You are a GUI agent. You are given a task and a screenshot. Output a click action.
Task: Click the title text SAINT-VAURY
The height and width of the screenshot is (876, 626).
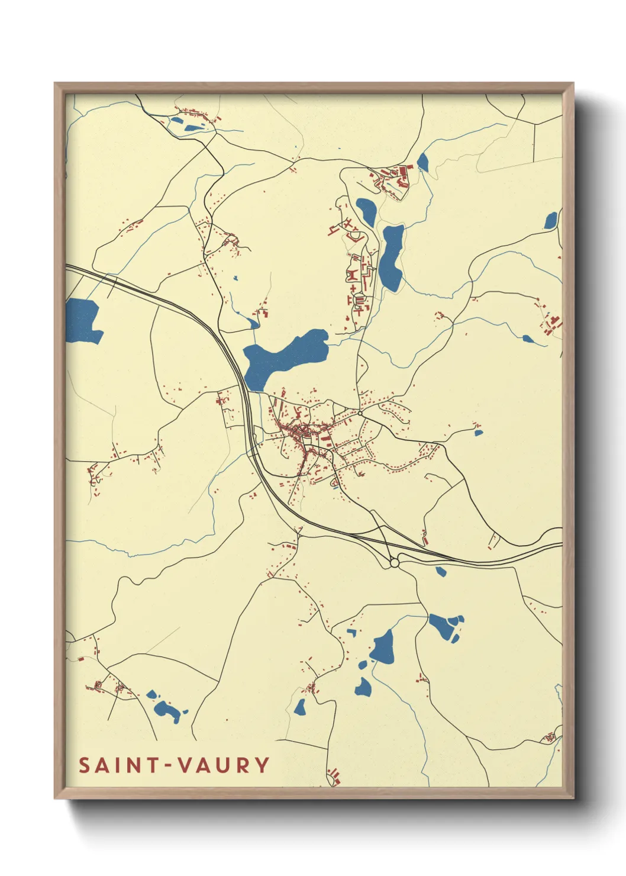[175, 765]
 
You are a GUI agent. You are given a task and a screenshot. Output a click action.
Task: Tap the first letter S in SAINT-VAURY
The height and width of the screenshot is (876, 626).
[85, 765]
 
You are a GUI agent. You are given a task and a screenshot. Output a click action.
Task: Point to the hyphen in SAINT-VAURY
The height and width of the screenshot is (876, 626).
[169, 766]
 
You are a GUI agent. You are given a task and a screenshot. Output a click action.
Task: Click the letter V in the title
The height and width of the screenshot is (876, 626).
[185, 765]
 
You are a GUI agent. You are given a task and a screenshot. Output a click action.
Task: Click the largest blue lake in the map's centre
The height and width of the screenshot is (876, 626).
[284, 357]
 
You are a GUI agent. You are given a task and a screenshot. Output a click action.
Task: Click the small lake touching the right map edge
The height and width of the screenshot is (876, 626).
[551, 220]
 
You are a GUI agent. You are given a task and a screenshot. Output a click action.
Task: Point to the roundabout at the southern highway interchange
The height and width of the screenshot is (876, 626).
[395, 563]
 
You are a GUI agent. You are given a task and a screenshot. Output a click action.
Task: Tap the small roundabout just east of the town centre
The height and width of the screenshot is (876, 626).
[360, 413]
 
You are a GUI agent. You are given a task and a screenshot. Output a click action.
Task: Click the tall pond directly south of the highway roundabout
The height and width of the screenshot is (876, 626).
[383, 647]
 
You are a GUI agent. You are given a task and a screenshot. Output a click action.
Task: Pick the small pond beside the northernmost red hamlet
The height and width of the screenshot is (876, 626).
[192, 127]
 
